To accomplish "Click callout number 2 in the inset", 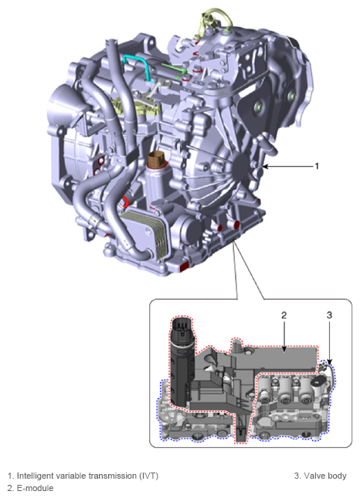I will click(284, 315).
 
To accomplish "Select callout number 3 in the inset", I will click(329, 315).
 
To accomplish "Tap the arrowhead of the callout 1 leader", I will click(266, 165).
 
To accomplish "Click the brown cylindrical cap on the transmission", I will click(158, 163).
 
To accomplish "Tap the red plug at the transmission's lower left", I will click(185, 266).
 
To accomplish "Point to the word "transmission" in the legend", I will click(109, 476).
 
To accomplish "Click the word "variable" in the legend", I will click(71, 476).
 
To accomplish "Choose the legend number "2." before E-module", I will click(10, 488).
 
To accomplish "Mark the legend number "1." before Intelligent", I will click(10, 476).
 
